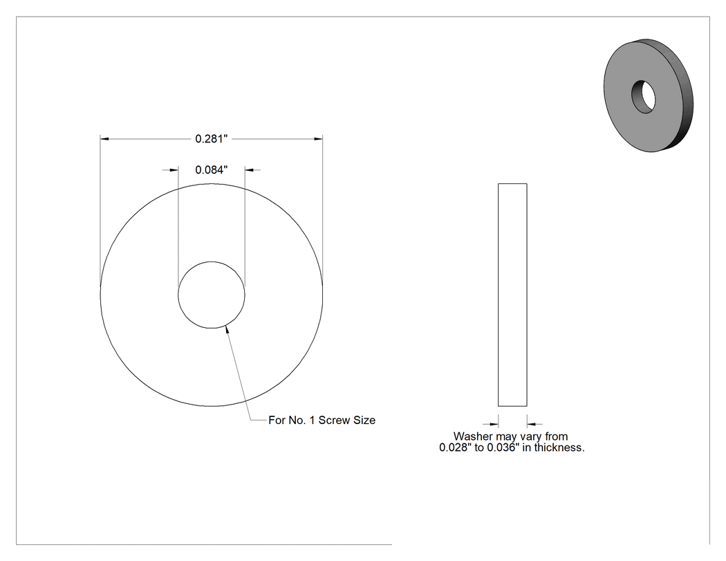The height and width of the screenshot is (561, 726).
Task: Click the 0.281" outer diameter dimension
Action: [x=212, y=138]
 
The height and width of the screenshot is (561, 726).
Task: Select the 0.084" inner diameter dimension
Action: [x=212, y=170]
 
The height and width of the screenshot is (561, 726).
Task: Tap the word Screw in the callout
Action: [x=334, y=420]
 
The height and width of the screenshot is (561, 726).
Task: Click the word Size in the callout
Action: [x=364, y=420]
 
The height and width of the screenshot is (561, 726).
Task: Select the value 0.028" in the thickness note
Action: [x=454, y=448]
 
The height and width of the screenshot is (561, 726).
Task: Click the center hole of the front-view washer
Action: [x=212, y=295]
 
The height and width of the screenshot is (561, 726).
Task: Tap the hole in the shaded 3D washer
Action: [x=644, y=97]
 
